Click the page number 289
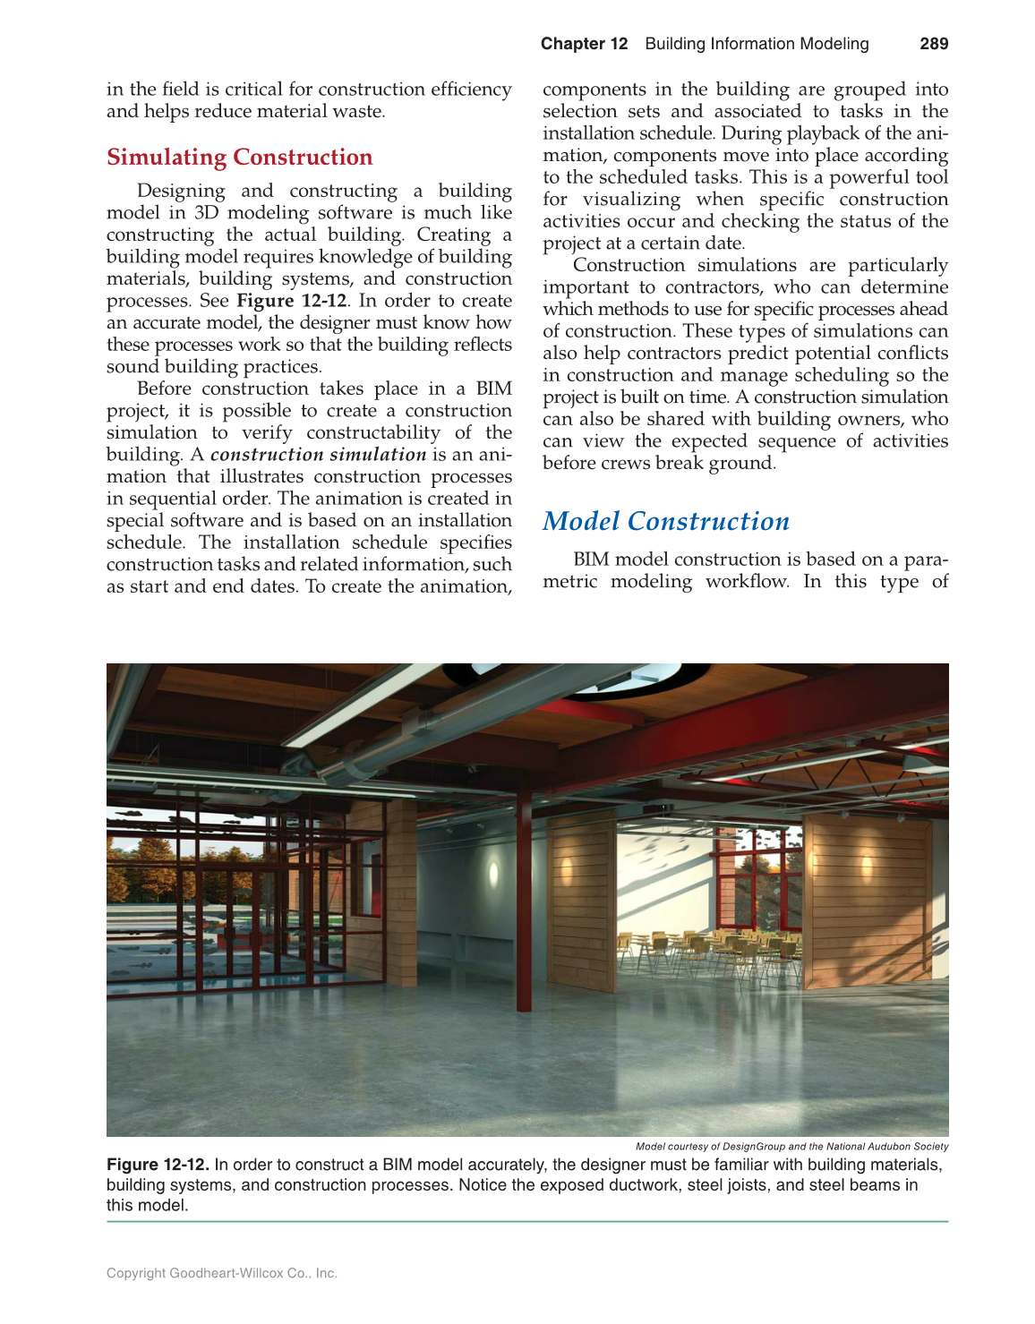[x=933, y=44]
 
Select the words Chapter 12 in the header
[x=584, y=44]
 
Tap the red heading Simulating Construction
[x=239, y=158]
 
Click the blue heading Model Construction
[x=666, y=522]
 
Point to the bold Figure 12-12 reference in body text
[x=291, y=301]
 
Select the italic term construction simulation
[x=318, y=455]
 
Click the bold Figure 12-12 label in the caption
[x=158, y=1165]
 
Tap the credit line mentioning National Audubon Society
[x=791, y=1146]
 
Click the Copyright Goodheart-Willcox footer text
[x=221, y=1273]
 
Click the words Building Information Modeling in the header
[x=757, y=44]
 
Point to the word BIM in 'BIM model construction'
[x=591, y=559]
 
